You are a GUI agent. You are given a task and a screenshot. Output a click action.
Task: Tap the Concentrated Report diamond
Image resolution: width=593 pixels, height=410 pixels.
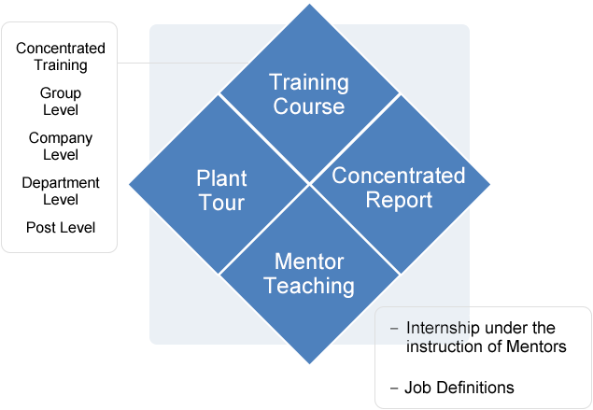399,187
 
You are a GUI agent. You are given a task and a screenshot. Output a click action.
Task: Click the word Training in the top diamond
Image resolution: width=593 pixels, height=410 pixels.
309,82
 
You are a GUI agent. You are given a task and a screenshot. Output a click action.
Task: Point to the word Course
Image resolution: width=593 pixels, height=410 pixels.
309,106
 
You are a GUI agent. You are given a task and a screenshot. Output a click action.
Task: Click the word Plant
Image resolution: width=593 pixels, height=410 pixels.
222,178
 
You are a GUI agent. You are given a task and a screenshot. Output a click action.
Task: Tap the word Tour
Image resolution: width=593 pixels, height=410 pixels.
221,203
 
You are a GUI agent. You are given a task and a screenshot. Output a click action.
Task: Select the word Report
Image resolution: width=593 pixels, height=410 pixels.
399,200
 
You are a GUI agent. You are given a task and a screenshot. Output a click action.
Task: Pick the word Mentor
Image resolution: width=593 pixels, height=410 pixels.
309,262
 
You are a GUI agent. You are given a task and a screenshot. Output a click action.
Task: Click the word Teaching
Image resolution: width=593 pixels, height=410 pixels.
309,286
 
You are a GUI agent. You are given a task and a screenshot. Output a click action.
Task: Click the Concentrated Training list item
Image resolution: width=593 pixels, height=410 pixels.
61,57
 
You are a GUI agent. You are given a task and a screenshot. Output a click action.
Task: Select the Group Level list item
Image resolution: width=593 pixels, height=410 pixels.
61,101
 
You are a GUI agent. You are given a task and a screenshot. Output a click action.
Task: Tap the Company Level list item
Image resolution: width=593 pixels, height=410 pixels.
61,146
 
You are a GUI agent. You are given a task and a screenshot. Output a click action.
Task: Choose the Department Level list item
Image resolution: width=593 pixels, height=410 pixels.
61,191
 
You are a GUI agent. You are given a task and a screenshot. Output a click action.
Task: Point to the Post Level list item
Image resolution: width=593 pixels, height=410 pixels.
61,227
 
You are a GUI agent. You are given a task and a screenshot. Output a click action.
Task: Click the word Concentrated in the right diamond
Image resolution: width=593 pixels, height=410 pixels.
399,176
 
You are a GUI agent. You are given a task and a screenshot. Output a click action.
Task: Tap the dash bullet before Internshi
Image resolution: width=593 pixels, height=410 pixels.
393,329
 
